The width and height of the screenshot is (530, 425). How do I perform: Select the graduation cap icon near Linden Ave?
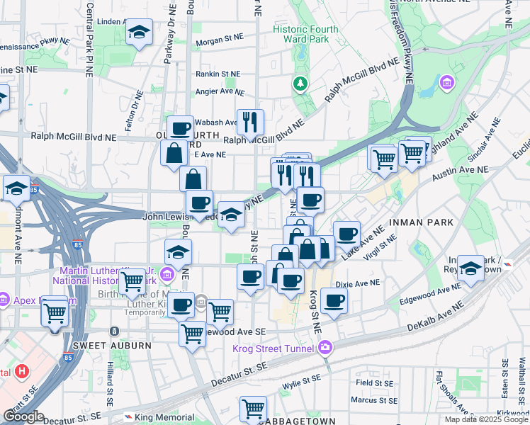139,32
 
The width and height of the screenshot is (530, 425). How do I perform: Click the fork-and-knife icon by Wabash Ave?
249,122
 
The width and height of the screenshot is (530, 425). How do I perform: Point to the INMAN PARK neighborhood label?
421,222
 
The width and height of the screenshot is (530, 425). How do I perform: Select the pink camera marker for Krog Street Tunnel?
325,347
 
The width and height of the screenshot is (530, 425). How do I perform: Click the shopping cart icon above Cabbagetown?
252,409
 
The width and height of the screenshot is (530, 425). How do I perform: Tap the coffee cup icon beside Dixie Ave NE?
334,300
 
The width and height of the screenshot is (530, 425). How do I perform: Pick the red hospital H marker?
22,371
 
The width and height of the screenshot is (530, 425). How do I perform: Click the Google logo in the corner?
23,416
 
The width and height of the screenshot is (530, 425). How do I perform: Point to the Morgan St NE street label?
219,42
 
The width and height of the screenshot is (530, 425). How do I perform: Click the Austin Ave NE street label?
461,171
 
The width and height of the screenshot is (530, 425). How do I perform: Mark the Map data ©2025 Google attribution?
486,419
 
